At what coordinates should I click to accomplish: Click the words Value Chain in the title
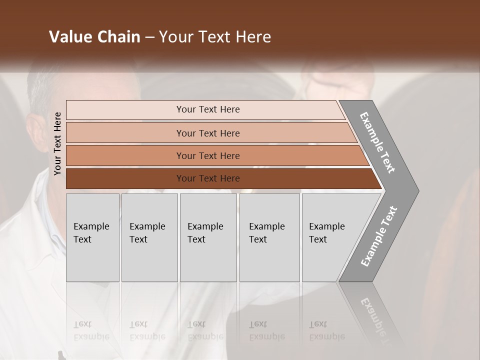94,37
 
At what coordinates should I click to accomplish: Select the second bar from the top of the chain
208,133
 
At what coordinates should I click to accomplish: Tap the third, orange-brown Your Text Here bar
208,155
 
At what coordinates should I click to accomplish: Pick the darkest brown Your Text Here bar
208,178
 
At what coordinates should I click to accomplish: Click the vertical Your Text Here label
58,143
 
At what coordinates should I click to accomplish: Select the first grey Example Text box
92,237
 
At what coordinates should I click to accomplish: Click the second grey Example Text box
149,237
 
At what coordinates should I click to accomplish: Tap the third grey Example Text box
208,237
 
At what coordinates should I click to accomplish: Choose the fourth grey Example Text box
269,237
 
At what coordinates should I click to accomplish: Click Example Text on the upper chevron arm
377,142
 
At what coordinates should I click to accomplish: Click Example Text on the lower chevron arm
379,236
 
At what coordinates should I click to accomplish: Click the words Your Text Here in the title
215,37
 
